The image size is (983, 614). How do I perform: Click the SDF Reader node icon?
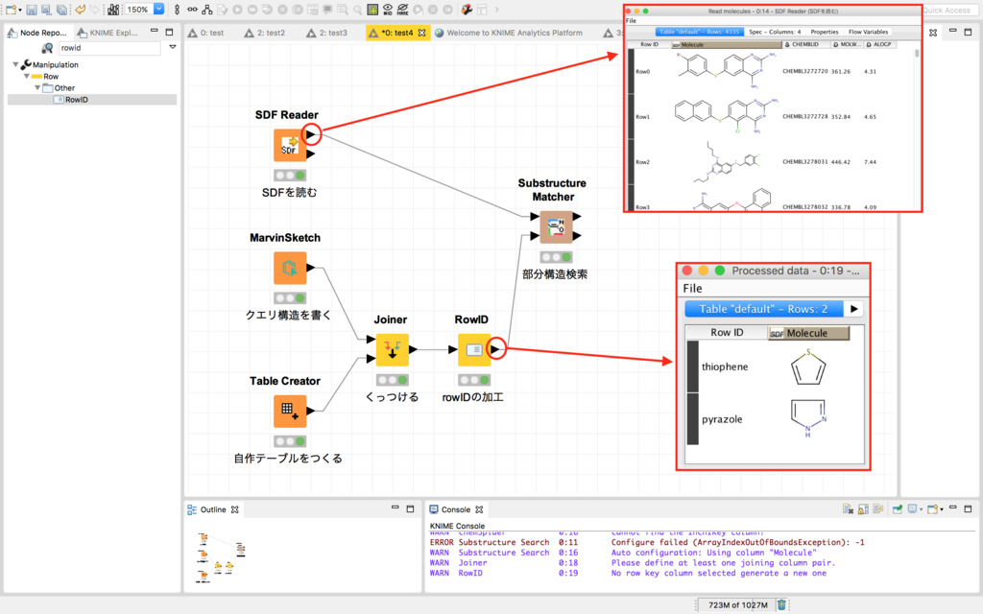289,146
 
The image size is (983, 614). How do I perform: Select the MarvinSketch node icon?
289,269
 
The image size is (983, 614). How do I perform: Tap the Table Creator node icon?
289,411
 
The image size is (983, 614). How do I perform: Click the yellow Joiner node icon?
392,350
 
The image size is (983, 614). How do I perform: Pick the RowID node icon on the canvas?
473,350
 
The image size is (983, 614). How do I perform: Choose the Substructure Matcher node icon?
554,227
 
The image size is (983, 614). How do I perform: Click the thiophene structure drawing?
809,366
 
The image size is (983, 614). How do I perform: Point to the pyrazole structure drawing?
808,418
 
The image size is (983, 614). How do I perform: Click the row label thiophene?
725,366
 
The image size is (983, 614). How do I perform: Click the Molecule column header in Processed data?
809,333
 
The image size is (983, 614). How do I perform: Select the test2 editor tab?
270,33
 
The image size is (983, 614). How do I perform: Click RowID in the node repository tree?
76,100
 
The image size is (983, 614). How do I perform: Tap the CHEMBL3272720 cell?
803,71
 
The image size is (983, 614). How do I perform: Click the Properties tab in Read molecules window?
824,32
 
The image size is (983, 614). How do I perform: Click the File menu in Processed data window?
692,289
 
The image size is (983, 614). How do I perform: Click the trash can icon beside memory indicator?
781,605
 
